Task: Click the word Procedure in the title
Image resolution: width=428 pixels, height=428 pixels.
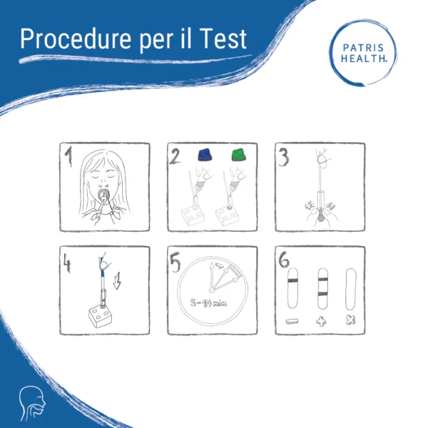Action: [76, 39]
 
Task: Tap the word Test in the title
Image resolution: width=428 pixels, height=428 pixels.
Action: [223, 39]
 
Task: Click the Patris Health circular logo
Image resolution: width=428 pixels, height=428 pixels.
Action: [363, 53]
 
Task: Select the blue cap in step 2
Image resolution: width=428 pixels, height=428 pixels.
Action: [205, 155]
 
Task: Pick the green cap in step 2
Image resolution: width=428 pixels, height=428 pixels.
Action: [238, 155]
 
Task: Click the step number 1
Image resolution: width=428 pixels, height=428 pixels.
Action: [68, 156]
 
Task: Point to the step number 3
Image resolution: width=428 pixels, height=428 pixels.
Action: [284, 158]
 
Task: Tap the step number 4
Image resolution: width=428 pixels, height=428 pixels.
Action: [67, 263]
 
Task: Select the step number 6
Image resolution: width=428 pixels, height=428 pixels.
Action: [284, 260]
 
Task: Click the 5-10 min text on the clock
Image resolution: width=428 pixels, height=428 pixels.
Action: [208, 302]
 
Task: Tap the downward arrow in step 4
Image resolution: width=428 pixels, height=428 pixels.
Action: [117, 280]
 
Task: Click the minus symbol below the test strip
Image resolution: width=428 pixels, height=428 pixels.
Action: [292, 321]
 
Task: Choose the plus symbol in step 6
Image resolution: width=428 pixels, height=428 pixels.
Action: [321, 321]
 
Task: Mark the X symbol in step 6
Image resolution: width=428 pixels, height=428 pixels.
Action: [350, 320]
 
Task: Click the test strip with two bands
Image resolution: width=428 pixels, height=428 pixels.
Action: [322, 288]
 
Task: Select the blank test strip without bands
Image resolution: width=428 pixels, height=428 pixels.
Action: [351, 289]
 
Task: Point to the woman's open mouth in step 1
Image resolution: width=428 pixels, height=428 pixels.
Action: [103, 193]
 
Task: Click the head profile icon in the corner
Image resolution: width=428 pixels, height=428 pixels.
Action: [32, 403]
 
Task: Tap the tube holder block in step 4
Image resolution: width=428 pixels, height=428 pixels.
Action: [101, 317]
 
